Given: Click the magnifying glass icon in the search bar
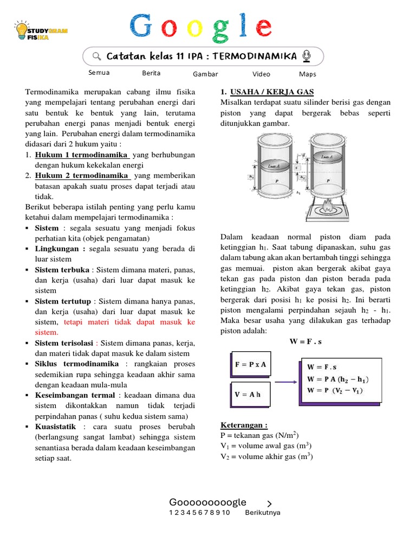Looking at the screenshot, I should point(97,56).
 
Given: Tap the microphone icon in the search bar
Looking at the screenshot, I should point(307,56).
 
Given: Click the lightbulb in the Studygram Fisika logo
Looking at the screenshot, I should point(22,31).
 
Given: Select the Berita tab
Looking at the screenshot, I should point(151,73).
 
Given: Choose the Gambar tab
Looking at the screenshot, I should point(205,74).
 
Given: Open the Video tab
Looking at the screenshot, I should point(261,74).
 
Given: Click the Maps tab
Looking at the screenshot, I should point(307,74).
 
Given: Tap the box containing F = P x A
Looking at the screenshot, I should point(250,365).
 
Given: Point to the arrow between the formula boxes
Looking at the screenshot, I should point(287,382).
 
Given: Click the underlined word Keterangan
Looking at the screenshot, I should point(244,425).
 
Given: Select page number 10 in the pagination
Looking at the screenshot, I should point(225,513).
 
